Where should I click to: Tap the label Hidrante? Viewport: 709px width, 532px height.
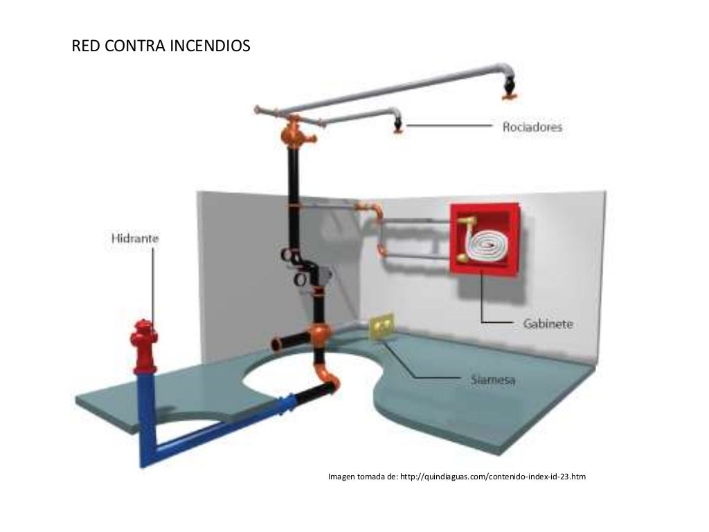pyautogui.click(x=135, y=238)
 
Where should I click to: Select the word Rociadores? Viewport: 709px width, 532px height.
pyautogui.click(x=532, y=127)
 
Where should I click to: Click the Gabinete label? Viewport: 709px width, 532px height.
pyautogui.click(x=547, y=323)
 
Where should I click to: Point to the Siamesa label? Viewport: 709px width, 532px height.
pyautogui.click(x=488, y=380)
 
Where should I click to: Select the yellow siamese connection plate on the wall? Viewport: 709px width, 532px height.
pyautogui.click(x=381, y=327)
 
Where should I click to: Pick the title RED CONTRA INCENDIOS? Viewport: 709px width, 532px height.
pyautogui.click(x=161, y=47)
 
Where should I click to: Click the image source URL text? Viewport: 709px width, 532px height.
pyautogui.click(x=457, y=477)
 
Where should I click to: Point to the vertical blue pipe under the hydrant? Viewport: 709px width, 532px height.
pyautogui.click(x=145, y=416)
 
